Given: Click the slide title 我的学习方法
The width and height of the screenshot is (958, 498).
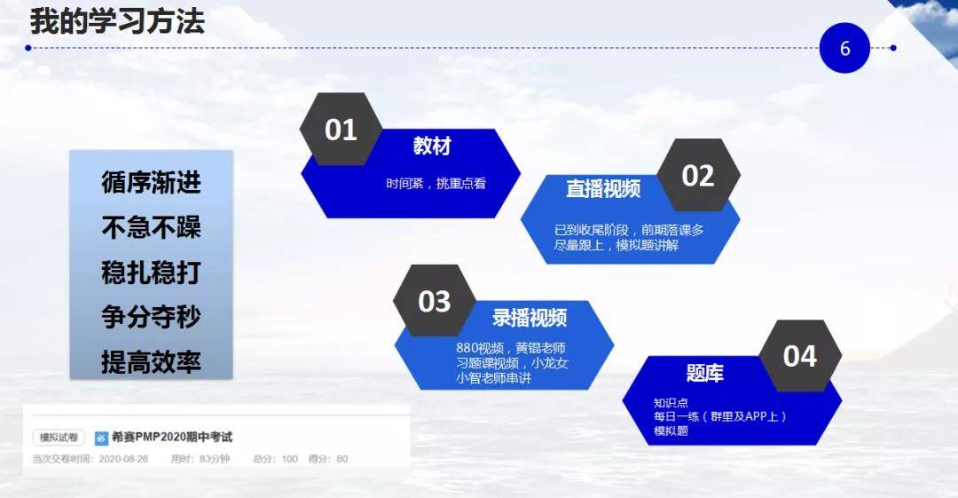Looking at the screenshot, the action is [117, 20].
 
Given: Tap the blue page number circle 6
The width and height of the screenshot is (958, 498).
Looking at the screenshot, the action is [844, 48].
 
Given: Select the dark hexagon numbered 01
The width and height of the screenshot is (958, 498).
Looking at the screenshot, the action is [341, 129].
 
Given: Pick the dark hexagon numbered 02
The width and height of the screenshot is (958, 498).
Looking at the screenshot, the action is [698, 175].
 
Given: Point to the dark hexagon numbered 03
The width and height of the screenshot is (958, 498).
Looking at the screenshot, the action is [435, 301].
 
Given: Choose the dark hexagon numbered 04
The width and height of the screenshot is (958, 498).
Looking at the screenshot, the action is [800, 355].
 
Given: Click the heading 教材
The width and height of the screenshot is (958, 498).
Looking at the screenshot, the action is [432, 146].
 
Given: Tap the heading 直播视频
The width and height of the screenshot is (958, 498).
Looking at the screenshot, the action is [603, 188].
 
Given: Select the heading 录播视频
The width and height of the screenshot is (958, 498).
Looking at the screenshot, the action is [530, 318].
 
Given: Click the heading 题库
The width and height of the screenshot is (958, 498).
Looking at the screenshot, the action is [705, 373].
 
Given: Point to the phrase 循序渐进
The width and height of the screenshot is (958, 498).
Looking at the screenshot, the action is [151, 182].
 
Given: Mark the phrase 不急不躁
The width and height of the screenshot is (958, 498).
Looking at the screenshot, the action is [151, 227].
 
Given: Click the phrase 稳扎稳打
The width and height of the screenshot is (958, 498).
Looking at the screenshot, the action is [151, 273].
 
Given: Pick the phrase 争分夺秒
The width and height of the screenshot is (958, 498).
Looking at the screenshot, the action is [151, 317].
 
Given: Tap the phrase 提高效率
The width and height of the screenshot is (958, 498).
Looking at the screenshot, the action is [151, 362].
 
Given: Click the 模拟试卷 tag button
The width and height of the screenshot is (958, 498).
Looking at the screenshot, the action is [59, 438].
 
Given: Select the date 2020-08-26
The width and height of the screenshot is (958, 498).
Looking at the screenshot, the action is [123, 459].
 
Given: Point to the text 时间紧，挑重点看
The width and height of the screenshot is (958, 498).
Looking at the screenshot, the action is [436, 184].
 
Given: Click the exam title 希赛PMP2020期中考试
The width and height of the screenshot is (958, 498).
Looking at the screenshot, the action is [172, 437].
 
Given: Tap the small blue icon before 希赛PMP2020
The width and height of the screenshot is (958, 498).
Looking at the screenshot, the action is [101, 438].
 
